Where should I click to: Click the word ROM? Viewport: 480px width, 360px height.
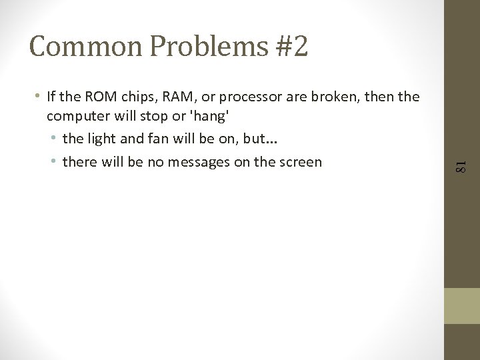(x=96, y=97)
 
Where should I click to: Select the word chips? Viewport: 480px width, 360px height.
(x=135, y=97)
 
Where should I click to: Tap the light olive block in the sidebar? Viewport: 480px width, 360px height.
(x=462, y=305)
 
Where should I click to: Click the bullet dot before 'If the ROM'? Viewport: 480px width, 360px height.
(x=38, y=97)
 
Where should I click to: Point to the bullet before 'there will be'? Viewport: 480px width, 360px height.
(x=54, y=161)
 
